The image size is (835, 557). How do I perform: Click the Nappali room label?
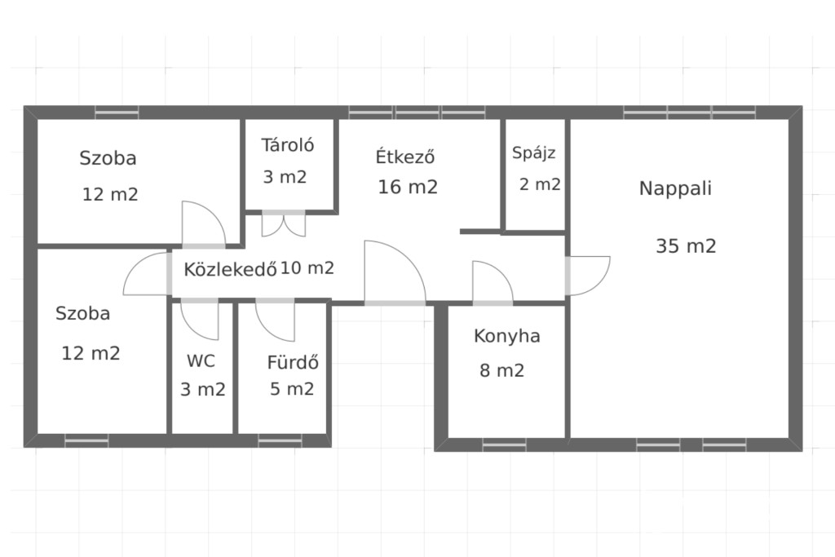click(675, 188)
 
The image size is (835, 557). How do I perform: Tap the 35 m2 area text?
click(686, 246)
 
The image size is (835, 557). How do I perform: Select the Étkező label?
click(405, 156)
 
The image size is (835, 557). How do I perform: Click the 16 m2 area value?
click(408, 187)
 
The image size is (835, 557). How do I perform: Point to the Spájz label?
click(533, 153)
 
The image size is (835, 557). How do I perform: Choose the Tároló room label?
click(288, 144)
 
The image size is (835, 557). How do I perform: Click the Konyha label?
click(507, 337)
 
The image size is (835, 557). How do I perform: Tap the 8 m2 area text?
click(502, 370)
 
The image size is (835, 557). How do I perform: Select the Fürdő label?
click(293, 362)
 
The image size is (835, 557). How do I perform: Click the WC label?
click(201, 361)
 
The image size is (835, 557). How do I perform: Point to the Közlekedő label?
click(230, 269)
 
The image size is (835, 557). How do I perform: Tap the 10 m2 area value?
click(307, 267)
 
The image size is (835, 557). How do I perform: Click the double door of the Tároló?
click(283, 223)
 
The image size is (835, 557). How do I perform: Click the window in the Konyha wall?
click(504, 444)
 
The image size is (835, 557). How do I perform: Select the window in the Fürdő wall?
click(281, 440)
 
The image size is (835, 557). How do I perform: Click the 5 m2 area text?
click(292, 389)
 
